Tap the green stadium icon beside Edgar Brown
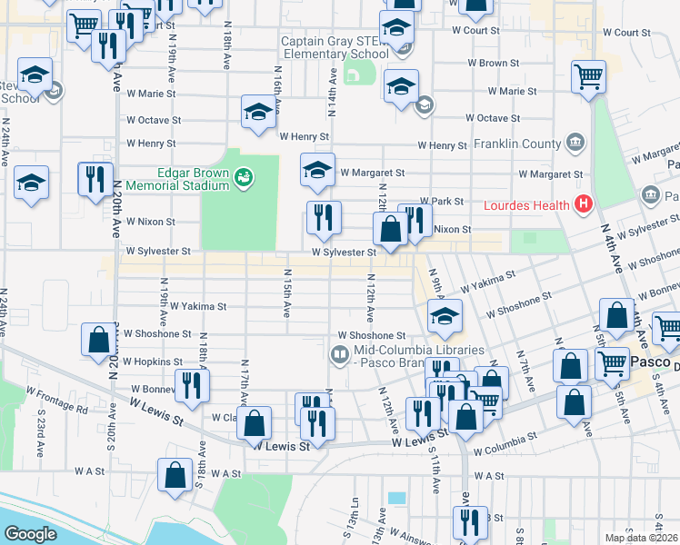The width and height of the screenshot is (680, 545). (244, 178)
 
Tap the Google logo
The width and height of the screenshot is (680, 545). (30, 534)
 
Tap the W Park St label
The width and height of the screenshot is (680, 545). (442, 201)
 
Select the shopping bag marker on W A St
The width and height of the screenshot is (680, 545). (175, 474)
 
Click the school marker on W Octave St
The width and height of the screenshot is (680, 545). (258, 113)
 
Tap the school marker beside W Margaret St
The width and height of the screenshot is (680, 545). (317, 170)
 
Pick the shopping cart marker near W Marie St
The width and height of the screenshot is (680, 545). (588, 77)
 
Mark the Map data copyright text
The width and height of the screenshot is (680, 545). (642, 538)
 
